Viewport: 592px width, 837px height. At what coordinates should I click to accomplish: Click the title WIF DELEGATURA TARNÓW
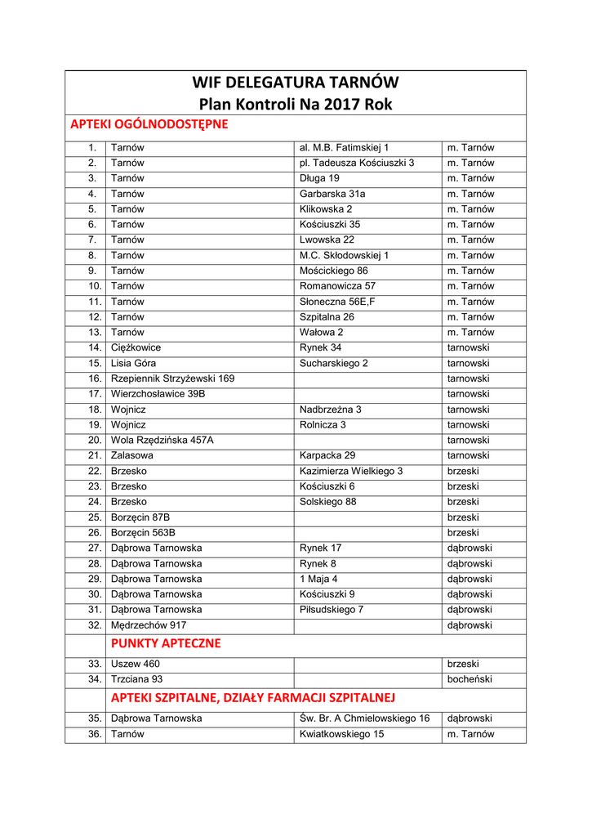(x=296, y=83)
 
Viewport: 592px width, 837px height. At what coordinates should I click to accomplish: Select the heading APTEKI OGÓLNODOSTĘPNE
(x=149, y=124)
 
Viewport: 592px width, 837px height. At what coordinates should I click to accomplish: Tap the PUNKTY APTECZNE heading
(x=166, y=643)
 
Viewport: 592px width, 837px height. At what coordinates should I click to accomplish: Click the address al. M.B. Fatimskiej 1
(x=344, y=147)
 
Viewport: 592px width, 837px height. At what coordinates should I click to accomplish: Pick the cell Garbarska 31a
(x=332, y=194)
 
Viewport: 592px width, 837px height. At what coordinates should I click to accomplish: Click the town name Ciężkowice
(x=136, y=347)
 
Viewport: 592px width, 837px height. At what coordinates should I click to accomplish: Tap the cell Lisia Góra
(x=133, y=363)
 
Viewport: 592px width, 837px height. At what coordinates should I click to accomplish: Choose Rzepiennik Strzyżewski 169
(x=172, y=378)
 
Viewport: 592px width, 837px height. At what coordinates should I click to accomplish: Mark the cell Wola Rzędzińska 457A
(x=162, y=440)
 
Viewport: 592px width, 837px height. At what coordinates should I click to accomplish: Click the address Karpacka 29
(x=327, y=455)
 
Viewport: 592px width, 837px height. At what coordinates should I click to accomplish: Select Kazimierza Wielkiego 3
(x=351, y=471)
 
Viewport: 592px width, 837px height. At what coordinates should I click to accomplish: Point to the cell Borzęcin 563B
(x=143, y=532)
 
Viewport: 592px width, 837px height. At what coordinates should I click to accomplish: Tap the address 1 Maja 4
(x=318, y=579)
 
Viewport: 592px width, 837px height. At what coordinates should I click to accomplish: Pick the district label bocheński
(x=470, y=679)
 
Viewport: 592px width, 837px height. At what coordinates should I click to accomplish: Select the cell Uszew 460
(x=136, y=664)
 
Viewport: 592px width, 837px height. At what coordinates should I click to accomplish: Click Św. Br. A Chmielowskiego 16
(x=364, y=718)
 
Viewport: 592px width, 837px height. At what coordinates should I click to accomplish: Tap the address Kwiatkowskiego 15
(x=341, y=734)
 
